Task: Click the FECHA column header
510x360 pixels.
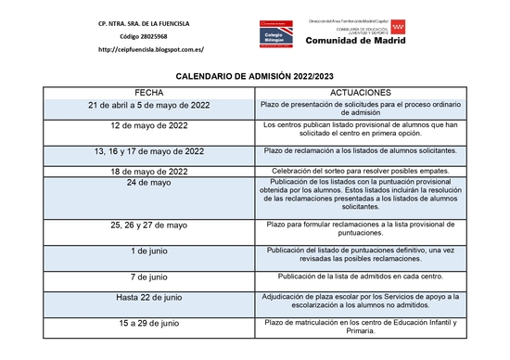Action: pos(148,93)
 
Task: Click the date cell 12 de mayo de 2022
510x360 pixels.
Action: pos(148,124)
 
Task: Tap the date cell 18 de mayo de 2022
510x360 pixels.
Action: pos(148,171)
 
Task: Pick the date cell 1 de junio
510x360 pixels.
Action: pos(148,251)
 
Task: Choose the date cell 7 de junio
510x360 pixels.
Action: pos(148,276)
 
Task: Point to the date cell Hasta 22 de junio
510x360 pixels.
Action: pos(148,297)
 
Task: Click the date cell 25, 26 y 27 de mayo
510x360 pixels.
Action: pos(148,225)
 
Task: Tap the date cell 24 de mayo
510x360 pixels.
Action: pos(148,183)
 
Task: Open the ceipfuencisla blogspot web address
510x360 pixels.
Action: pos(150,49)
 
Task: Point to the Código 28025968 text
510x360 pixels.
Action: pos(150,35)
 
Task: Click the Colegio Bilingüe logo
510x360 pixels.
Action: pos(275,35)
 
